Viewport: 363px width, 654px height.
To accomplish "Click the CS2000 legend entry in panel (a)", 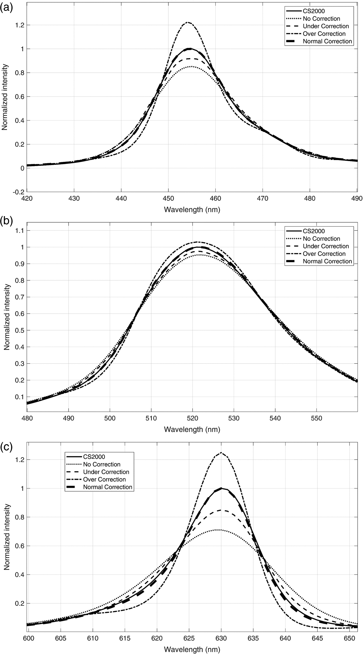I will coord(313,11).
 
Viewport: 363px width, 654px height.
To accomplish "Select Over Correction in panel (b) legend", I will coord(324,254).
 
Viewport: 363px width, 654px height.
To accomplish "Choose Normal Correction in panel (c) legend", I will coord(108,487).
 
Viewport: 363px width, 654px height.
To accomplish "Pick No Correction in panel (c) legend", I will coord(102,464).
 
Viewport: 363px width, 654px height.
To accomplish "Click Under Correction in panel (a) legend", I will coord(326,26).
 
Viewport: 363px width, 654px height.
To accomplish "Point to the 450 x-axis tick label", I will coord(168,198).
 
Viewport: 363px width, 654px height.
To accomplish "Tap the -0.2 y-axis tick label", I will coord(19,192).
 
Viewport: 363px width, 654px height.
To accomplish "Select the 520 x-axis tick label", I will coord(192,418).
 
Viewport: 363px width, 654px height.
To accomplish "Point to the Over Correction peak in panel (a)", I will coord(188,22).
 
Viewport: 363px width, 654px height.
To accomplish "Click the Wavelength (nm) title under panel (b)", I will coord(192,429).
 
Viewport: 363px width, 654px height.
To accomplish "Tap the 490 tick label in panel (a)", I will coord(357,198).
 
